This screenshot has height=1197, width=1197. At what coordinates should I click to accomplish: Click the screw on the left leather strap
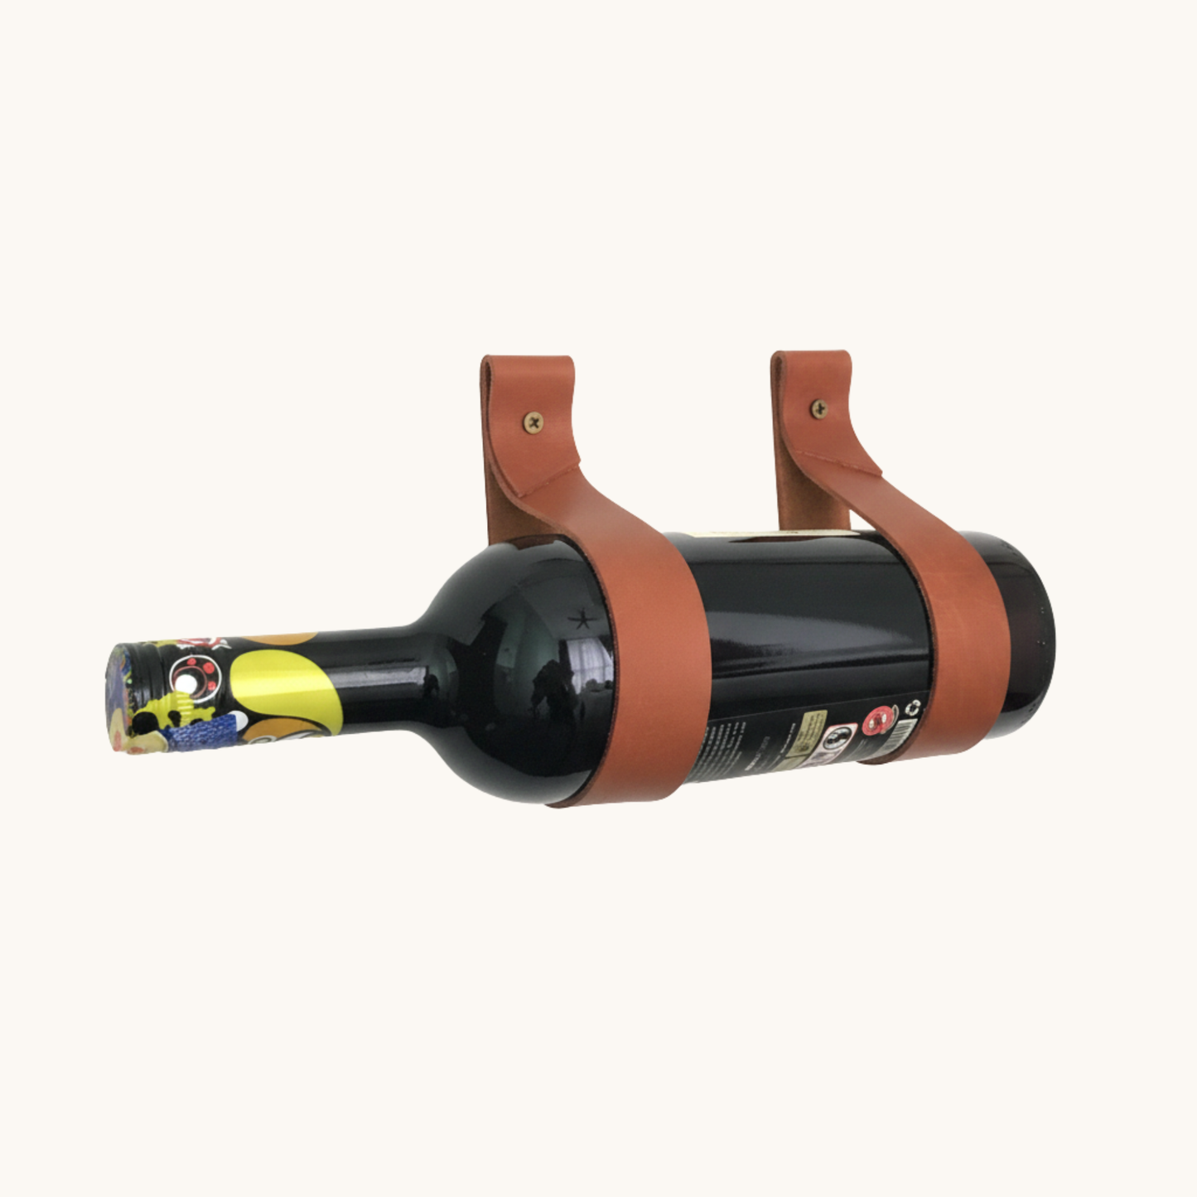point(533,422)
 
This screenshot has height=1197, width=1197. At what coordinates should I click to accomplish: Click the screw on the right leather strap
point(818,408)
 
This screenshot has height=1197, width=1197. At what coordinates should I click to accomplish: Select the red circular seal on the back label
point(881,721)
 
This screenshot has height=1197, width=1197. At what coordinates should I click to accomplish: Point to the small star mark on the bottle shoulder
point(582,618)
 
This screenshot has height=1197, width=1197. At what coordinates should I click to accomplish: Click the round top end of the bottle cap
point(115,700)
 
